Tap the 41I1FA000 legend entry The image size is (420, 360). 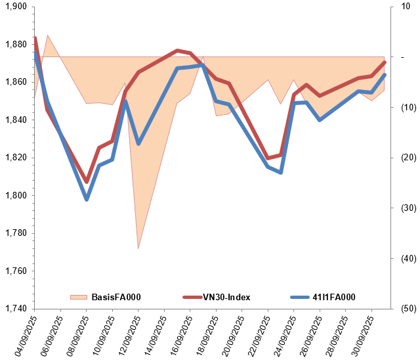click(x=333, y=297)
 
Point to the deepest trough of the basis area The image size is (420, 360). click(x=138, y=249)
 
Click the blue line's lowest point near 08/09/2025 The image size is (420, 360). click(x=86, y=199)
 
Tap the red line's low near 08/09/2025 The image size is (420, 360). click(x=86, y=181)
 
